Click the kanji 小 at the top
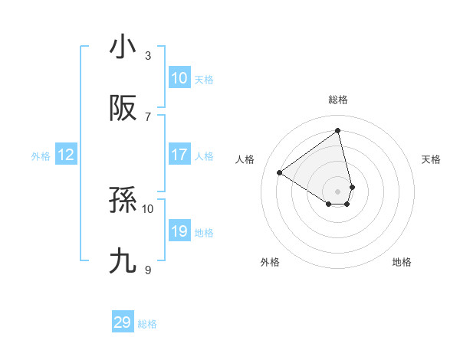click(x=123, y=47)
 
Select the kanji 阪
click(x=123, y=109)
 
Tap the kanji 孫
click(x=123, y=201)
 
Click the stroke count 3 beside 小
click(x=148, y=55)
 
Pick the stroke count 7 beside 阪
click(x=148, y=116)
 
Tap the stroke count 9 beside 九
click(x=148, y=270)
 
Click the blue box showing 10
click(x=179, y=78)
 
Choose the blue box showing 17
click(x=179, y=155)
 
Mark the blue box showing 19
click(x=179, y=231)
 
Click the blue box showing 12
click(x=66, y=155)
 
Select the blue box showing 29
click(x=123, y=322)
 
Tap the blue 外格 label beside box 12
click(x=41, y=156)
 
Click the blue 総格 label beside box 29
click(x=147, y=324)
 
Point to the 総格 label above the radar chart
click(x=337, y=100)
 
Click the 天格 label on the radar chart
click(x=431, y=159)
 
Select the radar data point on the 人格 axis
click(x=280, y=173)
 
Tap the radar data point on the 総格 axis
click(x=337, y=130)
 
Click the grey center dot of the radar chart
click(x=337, y=191)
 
